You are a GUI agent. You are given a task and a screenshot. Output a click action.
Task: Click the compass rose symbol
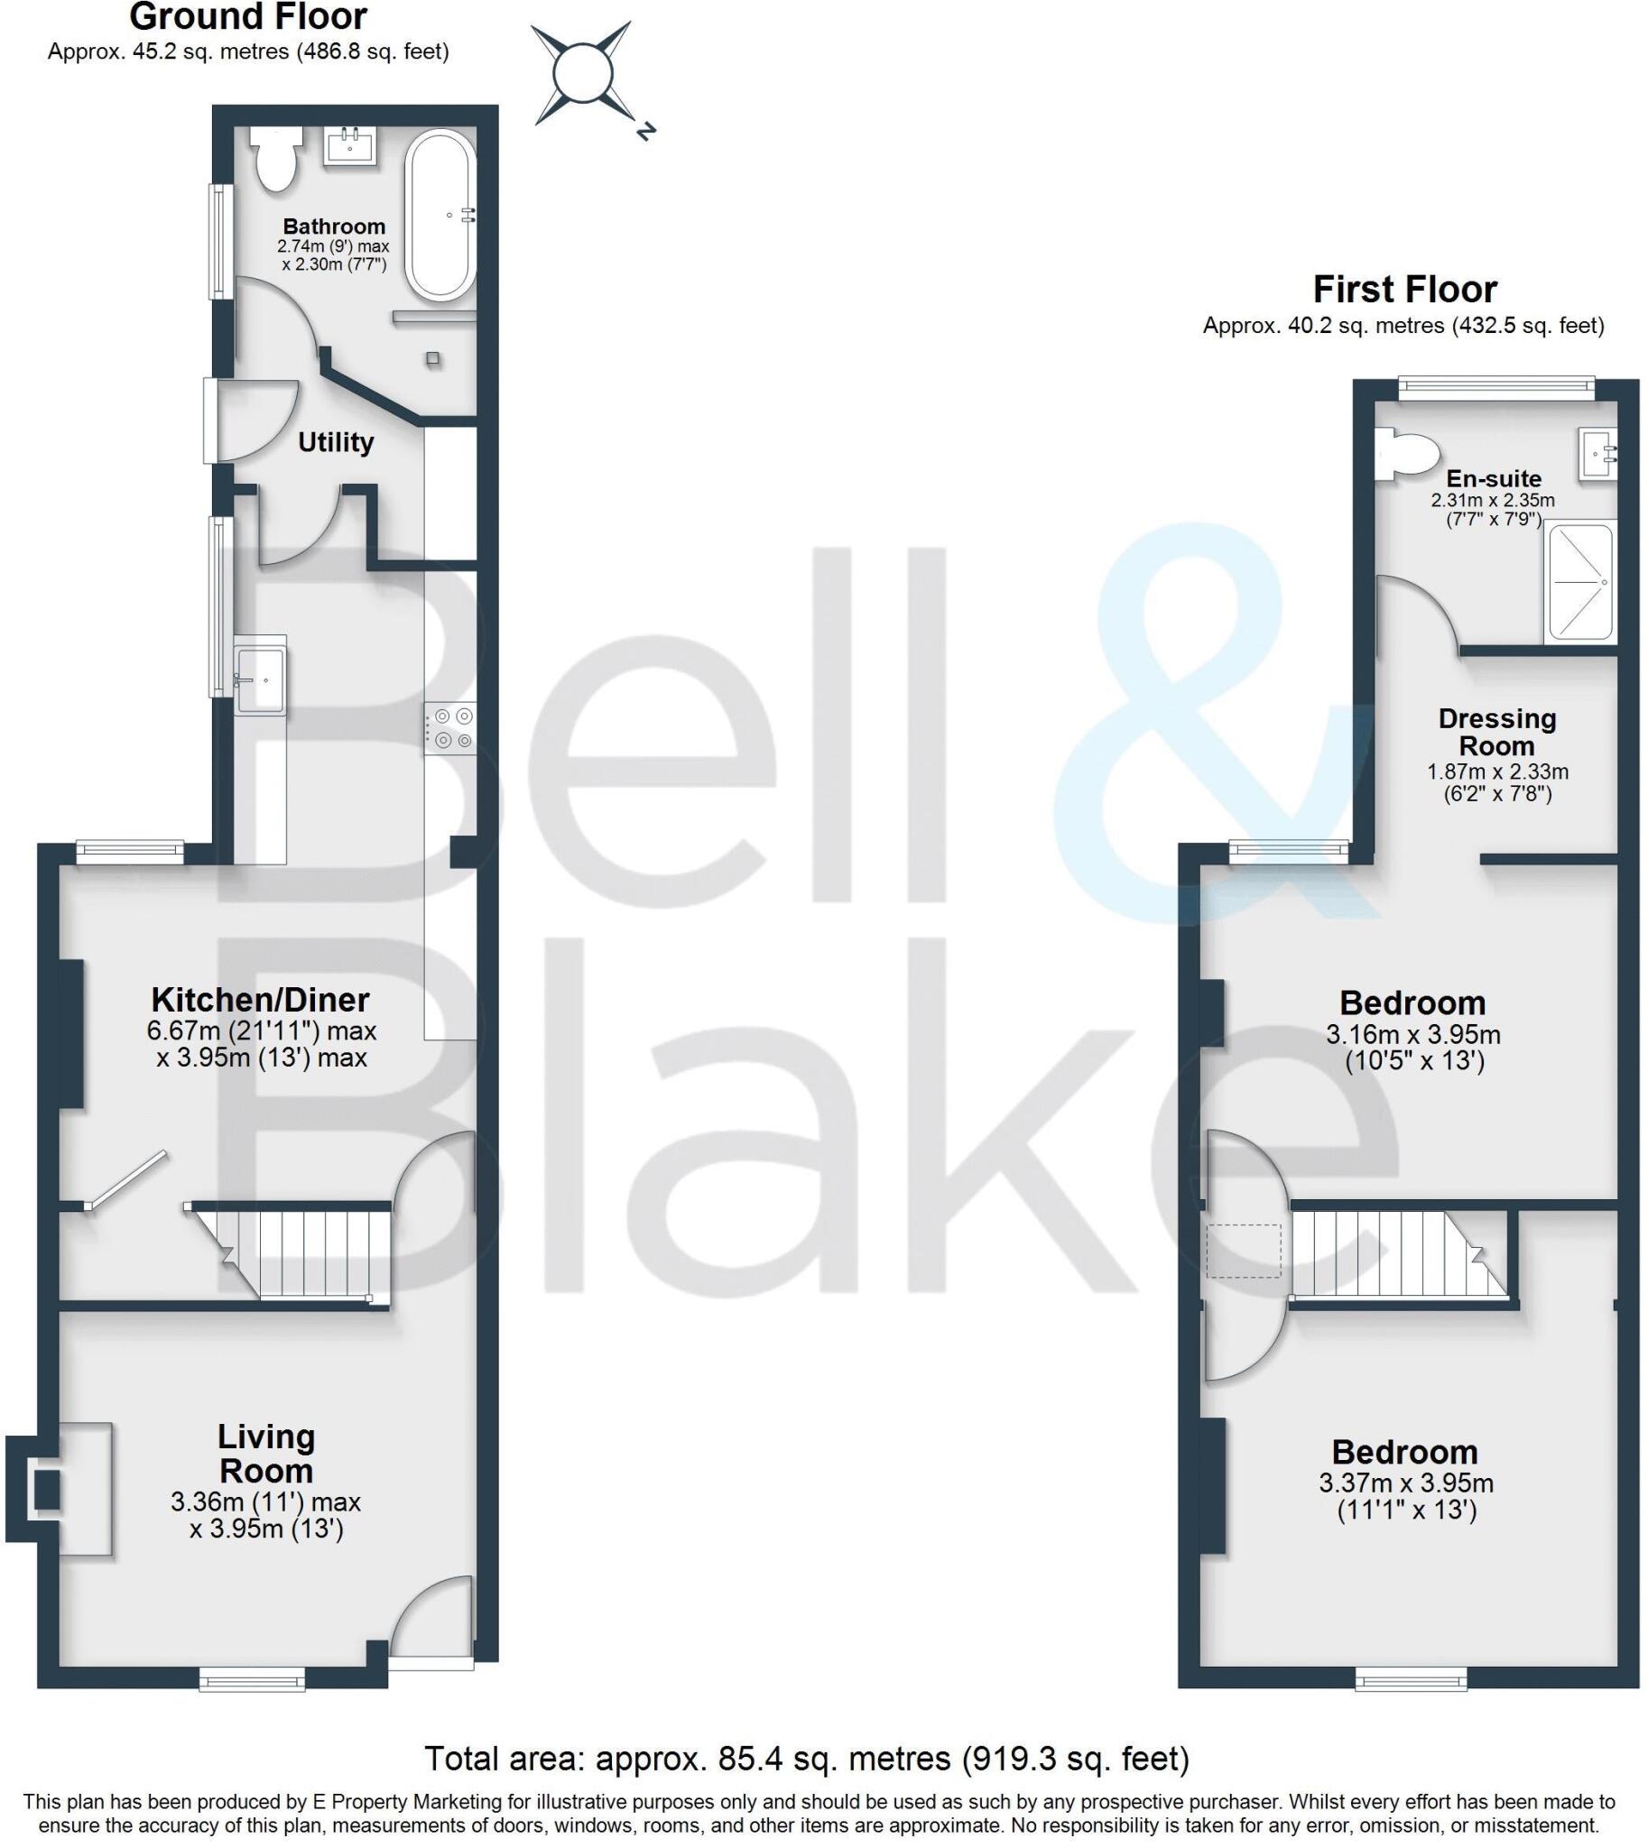click(x=581, y=76)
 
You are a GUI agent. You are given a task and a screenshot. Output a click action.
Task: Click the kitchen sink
click(x=261, y=678)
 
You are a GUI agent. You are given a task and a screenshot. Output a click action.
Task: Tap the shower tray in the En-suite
click(x=1581, y=581)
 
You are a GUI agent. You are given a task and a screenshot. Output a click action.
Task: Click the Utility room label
click(x=336, y=443)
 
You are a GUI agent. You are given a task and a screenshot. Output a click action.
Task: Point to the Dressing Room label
click(x=1496, y=732)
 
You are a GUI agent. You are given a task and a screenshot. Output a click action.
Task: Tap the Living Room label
click(x=266, y=1454)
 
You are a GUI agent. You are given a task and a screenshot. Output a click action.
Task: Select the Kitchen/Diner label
click(x=261, y=1000)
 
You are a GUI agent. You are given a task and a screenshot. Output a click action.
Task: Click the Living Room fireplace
click(x=45, y=1490)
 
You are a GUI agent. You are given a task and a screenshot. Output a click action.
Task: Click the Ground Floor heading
click(x=248, y=17)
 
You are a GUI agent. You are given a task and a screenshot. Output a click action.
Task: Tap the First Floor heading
click(x=1404, y=290)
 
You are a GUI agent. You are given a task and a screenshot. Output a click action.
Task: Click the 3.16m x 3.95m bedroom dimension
click(x=1412, y=1034)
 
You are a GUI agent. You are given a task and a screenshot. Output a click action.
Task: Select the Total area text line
click(x=807, y=1759)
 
